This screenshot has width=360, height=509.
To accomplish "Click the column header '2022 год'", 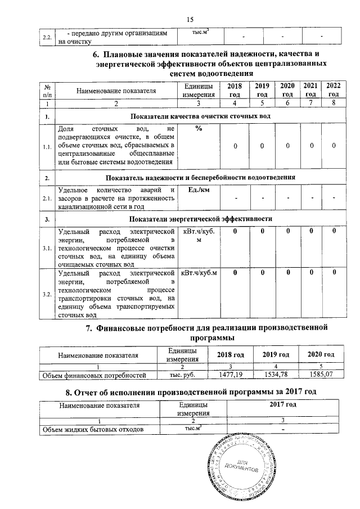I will coord(333,89).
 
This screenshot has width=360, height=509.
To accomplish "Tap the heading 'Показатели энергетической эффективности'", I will coord(201,218).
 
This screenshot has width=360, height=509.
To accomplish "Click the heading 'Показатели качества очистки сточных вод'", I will coord(201,116).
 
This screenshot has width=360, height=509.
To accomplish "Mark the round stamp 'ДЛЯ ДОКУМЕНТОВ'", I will coord(240,467).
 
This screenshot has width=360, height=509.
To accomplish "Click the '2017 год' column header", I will coord(283,404).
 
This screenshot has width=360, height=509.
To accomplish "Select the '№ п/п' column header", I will coord(48,89).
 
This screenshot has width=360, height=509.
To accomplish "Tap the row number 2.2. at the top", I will coord(48,38).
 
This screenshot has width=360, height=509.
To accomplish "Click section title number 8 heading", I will coord(190,391).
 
